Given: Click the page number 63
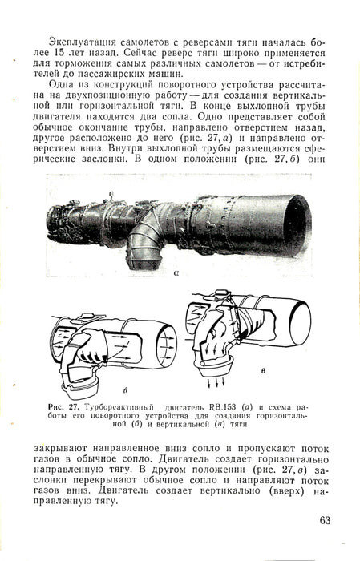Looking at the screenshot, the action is coord(325,520).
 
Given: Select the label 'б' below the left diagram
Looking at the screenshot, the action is coord(125,390).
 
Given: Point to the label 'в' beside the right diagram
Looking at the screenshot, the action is coord(263,371).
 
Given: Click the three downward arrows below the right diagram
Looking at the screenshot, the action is coord(216,382).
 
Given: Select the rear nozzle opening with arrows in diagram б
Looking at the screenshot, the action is coord(166,346).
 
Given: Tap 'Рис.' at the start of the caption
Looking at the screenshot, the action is coord(55,407).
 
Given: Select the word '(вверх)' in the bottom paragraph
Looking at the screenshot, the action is coord(285,490).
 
